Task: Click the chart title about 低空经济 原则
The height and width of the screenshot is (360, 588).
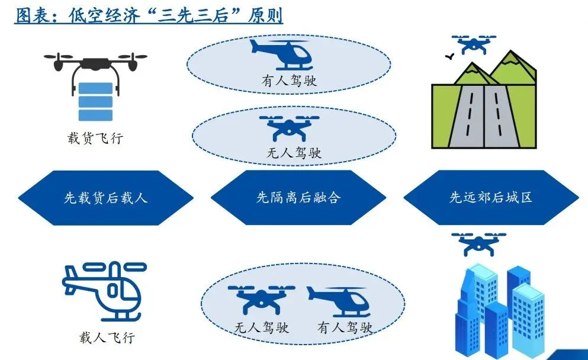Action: pos(149,16)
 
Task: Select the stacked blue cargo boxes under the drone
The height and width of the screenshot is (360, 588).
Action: pos(95,101)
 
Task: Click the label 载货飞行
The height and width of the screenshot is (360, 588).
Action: pos(95,139)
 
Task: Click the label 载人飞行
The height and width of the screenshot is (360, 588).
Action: pos(107,337)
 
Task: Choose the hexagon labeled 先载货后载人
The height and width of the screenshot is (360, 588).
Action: pos(106,198)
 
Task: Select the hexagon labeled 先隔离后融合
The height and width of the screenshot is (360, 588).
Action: pos(298,198)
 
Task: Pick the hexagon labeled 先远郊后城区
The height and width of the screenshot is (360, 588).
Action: pos(491,198)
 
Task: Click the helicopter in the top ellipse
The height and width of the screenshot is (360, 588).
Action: pos(282,54)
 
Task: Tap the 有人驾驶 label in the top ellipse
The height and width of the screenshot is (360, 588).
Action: pos(289,81)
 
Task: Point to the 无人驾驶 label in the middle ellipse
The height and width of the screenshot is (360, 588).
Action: pos(294,153)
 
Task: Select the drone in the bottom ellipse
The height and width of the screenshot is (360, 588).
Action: pos(261,299)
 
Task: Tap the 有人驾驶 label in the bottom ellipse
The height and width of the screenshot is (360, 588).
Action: pos(345,327)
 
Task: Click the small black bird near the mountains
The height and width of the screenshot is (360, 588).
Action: pos(449,57)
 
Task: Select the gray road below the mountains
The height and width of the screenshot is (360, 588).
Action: pos(484,116)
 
